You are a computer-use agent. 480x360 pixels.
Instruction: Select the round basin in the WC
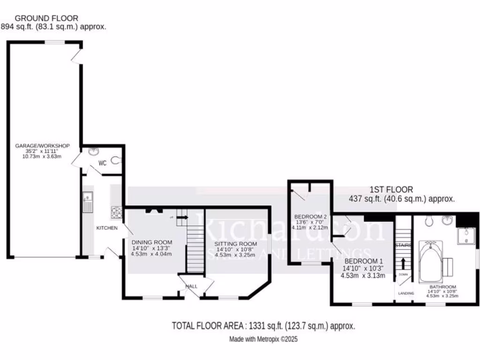click(93, 151)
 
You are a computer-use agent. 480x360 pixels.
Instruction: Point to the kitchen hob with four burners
click(116, 213)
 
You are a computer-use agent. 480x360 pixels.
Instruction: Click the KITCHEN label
click(107, 228)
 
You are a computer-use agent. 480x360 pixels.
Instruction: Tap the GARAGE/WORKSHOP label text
click(43, 146)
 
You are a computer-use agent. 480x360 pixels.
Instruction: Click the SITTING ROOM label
click(236, 244)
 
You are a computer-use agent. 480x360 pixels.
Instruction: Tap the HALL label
click(192, 286)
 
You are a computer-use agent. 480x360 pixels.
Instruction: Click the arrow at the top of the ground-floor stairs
click(182, 217)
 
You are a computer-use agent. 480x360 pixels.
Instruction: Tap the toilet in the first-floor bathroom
click(428, 221)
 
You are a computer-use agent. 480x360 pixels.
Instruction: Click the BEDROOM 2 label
click(310, 217)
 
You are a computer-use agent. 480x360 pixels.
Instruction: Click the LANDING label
click(405, 293)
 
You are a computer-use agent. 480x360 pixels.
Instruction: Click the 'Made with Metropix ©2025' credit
click(263, 338)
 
